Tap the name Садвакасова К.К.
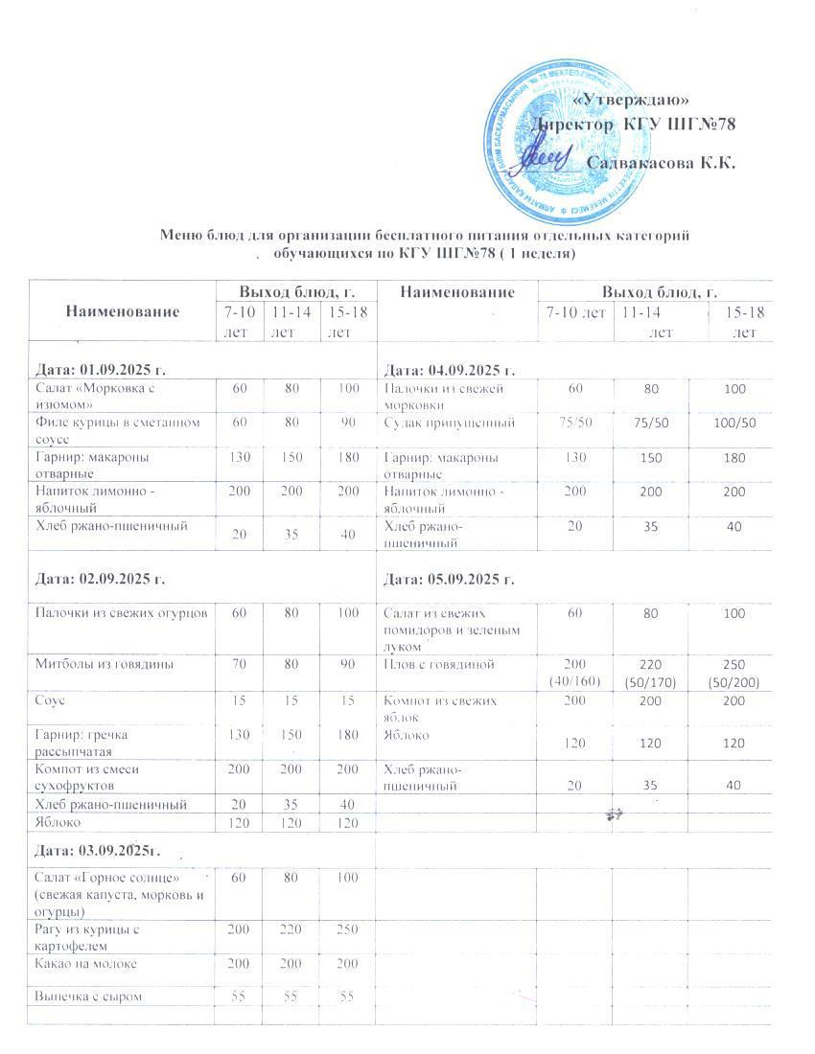coord(661,163)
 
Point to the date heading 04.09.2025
coord(450,370)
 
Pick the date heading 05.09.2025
coord(450,580)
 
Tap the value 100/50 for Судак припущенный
coord(737,423)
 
